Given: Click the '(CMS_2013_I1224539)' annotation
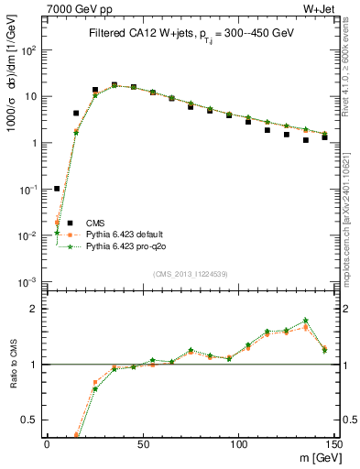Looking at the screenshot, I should pyautogui.click(x=190, y=273).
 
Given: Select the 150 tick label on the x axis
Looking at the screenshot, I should pyautogui.click(x=334, y=443).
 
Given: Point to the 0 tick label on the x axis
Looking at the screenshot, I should pyautogui.click(x=47, y=443).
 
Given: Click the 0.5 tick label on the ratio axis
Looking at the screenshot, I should pyautogui.click(x=31, y=420).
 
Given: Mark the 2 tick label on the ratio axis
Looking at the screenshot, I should pyautogui.click(x=36, y=309).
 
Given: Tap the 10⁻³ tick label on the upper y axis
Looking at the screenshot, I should pyautogui.click(x=29, y=281).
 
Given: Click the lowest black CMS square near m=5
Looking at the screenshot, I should pyautogui.click(x=57, y=189).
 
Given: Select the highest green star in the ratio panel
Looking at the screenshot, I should pyautogui.click(x=306, y=320).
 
